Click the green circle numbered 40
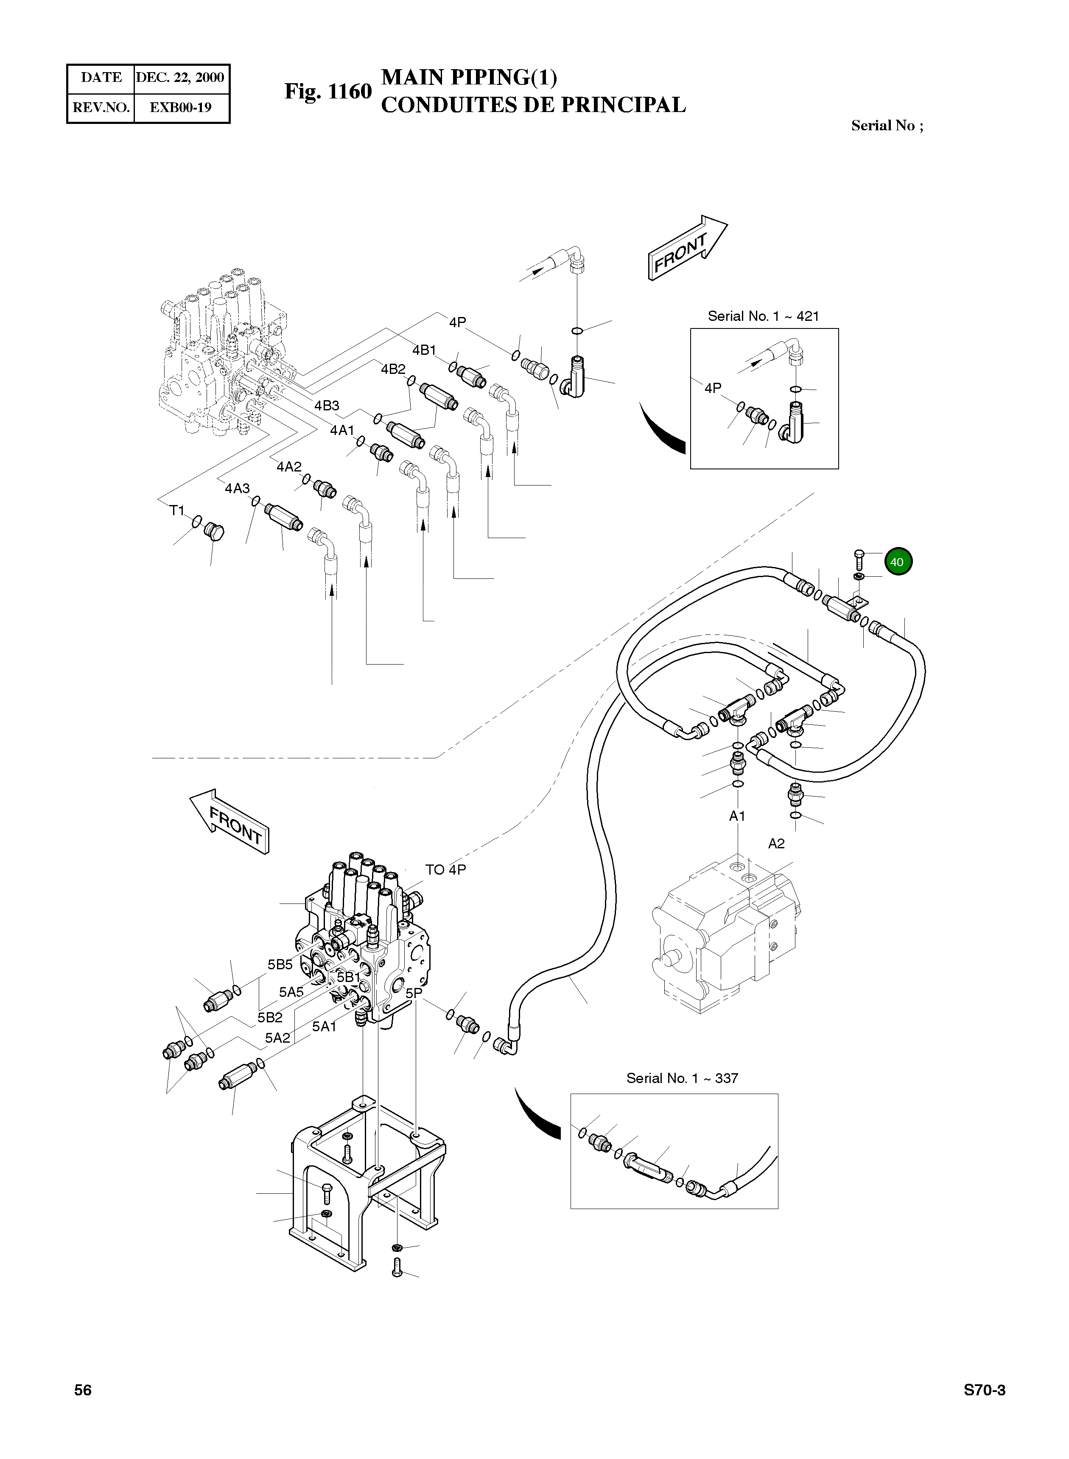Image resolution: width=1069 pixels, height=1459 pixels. click(896, 562)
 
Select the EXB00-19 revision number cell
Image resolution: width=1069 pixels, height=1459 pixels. click(181, 107)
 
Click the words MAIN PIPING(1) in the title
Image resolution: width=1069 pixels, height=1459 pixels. click(469, 78)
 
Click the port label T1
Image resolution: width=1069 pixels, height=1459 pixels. click(176, 511)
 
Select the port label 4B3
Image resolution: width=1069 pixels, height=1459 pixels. click(327, 406)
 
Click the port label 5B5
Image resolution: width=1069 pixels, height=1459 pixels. click(280, 965)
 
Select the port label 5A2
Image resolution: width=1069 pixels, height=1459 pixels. click(277, 1038)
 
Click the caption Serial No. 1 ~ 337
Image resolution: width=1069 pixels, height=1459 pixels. click(682, 1078)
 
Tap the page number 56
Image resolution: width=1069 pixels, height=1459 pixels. click(83, 1390)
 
